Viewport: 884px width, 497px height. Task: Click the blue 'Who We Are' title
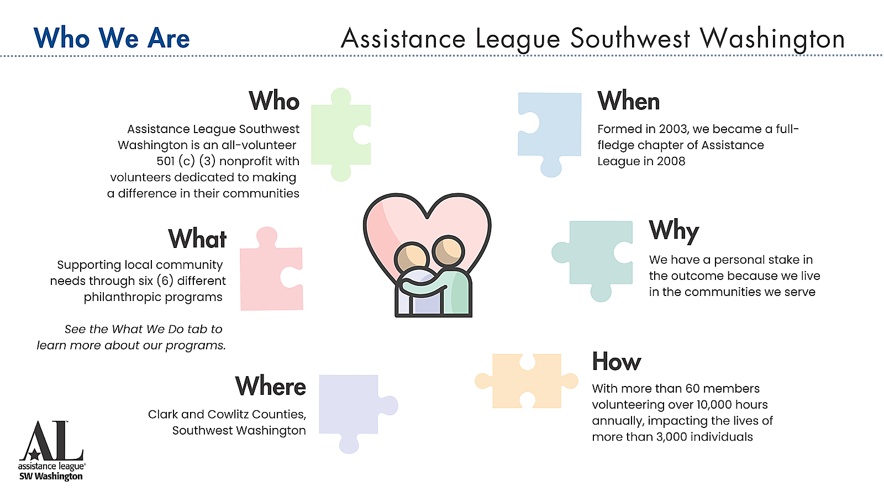point(112,38)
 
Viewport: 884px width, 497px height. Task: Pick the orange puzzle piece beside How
point(527,381)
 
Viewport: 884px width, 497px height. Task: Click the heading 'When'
point(628,101)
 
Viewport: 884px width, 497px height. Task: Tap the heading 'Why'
point(673,230)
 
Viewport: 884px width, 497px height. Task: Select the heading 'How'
point(617,361)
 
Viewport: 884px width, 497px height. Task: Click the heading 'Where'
point(270,386)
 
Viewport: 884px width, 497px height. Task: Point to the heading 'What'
point(197,239)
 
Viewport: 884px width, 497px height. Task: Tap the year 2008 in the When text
point(671,161)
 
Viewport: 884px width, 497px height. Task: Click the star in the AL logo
point(35,454)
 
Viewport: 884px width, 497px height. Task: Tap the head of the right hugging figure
point(448,251)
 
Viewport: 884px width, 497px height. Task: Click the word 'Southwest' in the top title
point(630,39)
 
